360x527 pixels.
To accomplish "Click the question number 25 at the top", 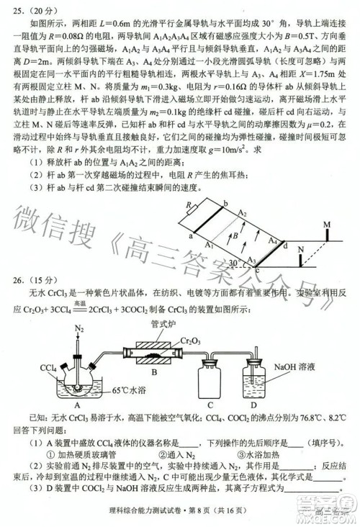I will coord(19,10).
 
